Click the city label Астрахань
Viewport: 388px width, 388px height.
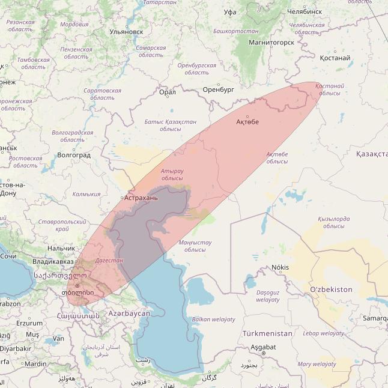click(141, 197)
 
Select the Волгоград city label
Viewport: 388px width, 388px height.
click(73, 155)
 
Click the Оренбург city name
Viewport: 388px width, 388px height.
click(218, 89)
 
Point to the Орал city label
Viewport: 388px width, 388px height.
click(168, 92)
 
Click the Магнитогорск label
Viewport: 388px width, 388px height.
click(272, 43)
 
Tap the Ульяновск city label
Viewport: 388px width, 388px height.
click(126, 31)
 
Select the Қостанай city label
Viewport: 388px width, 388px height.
click(335, 58)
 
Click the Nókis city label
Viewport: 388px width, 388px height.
click(280, 267)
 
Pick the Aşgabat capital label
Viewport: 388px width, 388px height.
click(263, 347)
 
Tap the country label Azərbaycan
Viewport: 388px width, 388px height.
click(129, 314)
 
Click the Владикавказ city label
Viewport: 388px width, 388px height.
click(53, 262)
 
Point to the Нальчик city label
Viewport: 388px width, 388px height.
click(61, 247)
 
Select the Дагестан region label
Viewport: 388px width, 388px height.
click(109, 261)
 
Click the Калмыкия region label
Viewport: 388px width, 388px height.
click(86, 194)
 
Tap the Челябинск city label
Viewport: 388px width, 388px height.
click(305, 11)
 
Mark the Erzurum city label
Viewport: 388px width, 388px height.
click(29, 323)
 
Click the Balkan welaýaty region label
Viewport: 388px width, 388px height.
click(213, 320)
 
